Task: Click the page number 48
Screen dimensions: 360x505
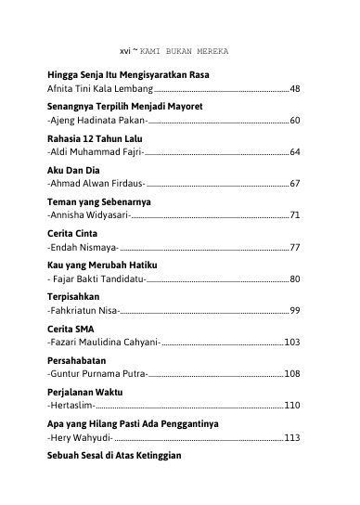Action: click(x=294, y=89)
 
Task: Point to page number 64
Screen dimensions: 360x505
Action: click(x=294, y=152)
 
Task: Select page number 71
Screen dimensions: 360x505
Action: click(x=294, y=215)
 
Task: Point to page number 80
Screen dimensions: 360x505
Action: click(x=294, y=278)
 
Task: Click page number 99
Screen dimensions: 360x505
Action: click(x=294, y=310)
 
